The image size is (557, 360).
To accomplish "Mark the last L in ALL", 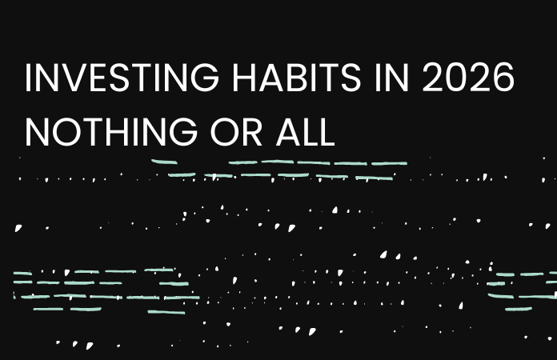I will pos(326,130).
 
